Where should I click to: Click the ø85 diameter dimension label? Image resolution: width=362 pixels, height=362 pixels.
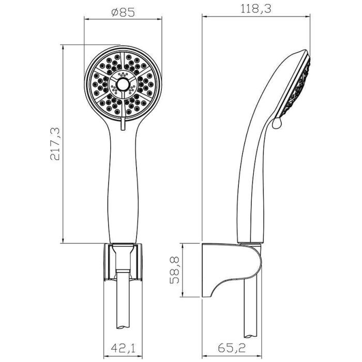click(x=123, y=13)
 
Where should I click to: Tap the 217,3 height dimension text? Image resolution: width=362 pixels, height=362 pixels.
click(x=55, y=144)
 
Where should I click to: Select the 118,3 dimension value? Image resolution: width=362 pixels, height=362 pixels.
click(x=256, y=9)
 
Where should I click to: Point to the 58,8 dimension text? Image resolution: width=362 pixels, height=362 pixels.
click(x=175, y=270)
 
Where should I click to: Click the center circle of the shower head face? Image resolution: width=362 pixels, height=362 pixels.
click(x=123, y=85)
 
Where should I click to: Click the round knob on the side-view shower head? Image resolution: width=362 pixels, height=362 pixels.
click(x=277, y=123)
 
